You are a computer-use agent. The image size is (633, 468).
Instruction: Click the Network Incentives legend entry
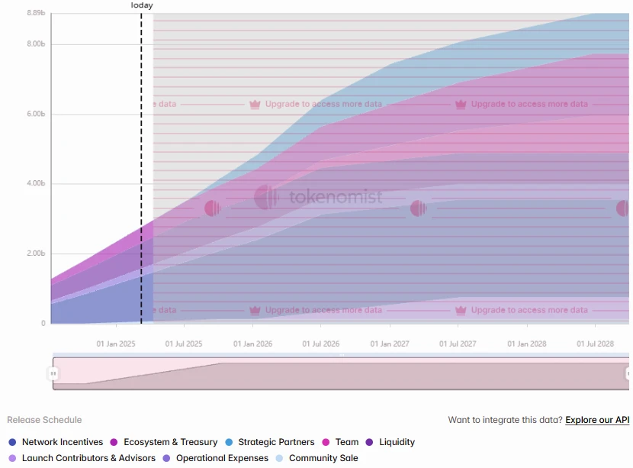[x=62, y=442]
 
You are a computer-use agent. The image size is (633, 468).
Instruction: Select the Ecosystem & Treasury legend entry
[x=170, y=442]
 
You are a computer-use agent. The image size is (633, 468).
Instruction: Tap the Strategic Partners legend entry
[x=276, y=442]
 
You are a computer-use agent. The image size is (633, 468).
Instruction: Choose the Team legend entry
[x=346, y=442]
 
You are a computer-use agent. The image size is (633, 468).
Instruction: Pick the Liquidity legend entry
[x=397, y=442]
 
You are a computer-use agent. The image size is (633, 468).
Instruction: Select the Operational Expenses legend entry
[x=222, y=458]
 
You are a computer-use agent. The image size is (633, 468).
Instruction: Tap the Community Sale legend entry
[x=323, y=458]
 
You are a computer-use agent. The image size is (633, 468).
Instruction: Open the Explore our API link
[x=597, y=420]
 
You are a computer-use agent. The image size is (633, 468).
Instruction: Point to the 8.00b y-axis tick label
[x=36, y=44]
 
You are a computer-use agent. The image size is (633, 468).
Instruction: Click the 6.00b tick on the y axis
[x=36, y=114]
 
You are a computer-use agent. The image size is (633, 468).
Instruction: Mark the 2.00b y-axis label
[x=36, y=253]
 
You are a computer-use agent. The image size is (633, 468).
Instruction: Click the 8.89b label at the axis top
[x=36, y=13]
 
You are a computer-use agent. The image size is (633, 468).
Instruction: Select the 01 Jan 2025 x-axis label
[x=115, y=344]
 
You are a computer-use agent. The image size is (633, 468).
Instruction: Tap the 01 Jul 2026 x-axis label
[x=321, y=344]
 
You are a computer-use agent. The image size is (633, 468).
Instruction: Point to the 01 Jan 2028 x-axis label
[x=527, y=344]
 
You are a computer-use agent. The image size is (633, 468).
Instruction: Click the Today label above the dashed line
[x=142, y=5]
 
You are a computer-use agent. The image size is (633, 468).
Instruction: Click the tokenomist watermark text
[x=336, y=198]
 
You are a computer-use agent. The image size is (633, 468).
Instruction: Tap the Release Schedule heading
[x=44, y=420]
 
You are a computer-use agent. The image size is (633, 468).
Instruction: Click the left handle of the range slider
[x=53, y=373]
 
